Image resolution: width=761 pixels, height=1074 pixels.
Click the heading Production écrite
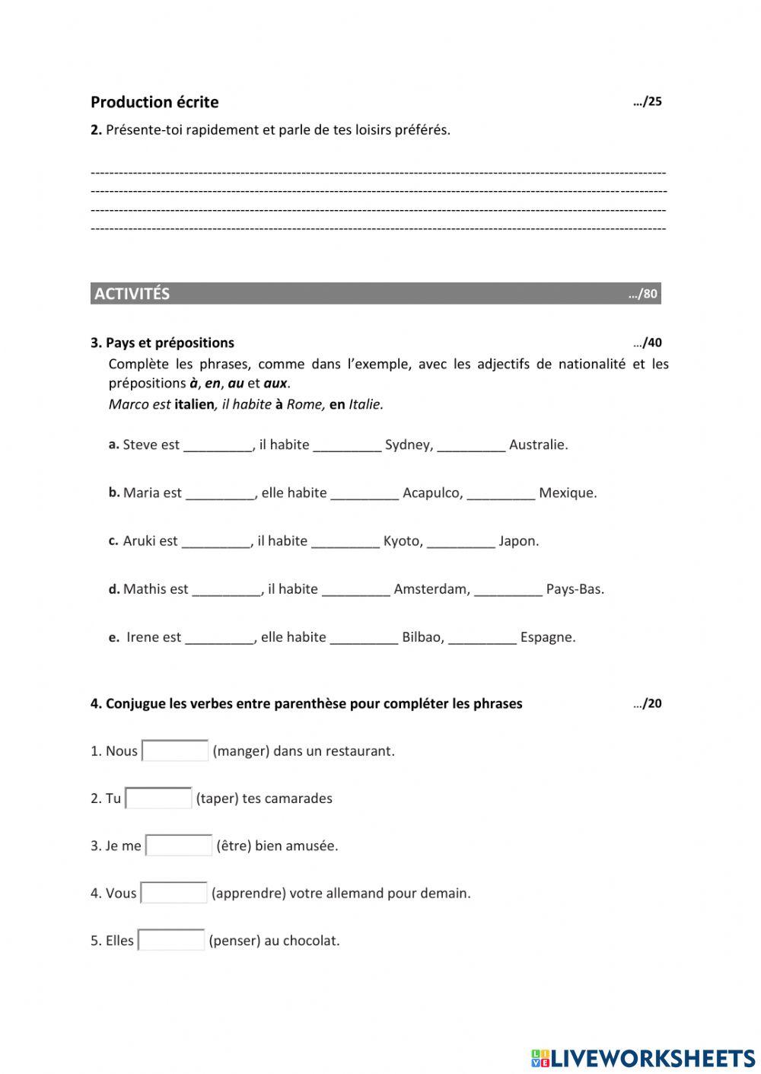coord(154,102)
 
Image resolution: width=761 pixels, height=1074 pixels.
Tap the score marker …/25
coord(647,102)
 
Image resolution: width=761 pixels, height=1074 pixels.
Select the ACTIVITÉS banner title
coord(132,294)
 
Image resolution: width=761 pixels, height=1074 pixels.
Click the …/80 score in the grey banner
coord(643,294)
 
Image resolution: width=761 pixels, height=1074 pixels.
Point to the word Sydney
coord(409,445)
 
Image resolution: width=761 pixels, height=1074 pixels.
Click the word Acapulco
coord(432,492)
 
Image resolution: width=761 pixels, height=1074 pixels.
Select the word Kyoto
coord(403,541)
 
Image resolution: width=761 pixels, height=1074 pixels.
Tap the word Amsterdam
coord(431,589)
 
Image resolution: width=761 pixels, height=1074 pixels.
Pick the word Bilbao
coord(422,637)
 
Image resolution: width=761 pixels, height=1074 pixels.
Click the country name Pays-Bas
coord(575,589)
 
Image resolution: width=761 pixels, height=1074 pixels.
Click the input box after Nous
coord(175,751)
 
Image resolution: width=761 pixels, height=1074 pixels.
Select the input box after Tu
coord(158,798)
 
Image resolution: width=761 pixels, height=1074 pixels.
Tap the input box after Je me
coord(179,846)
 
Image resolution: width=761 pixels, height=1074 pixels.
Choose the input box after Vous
coord(174,893)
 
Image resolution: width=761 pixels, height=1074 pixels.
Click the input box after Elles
coord(171,940)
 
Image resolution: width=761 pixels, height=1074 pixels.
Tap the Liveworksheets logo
coord(642,1057)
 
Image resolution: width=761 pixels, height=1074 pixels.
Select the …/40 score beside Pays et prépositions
coord(647,343)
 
